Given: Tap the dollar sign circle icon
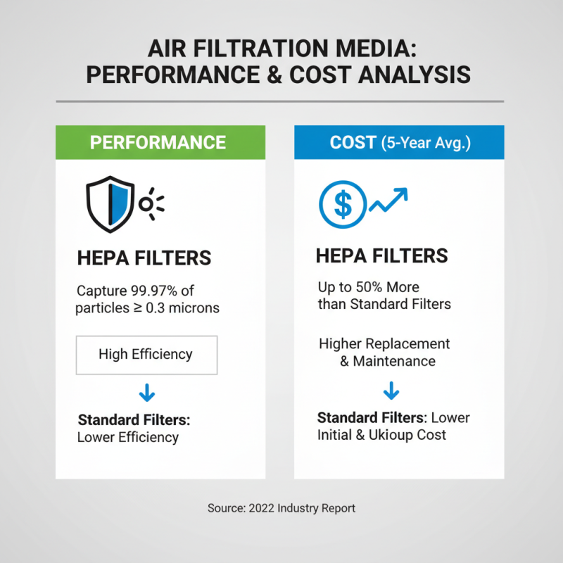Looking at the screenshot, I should pyautogui.click(x=343, y=204).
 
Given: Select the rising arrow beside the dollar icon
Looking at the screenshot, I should pyautogui.click(x=389, y=201).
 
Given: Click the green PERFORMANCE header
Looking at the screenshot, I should pyautogui.click(x=160, y=142).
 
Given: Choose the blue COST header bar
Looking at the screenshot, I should pyautogui.click(x=399, y=142).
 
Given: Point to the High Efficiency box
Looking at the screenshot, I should pyautogui.click(x=146, y=354).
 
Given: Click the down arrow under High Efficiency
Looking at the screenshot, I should pyautogui.click(x=146, y=393).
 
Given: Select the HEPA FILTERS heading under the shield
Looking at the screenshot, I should pyautogui.click(x=144, y=258).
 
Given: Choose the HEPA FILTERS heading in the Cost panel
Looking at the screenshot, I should pyautogui.click(x=382, y=255).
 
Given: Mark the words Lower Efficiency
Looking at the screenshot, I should pyautogui.click(x=128, y=437).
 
